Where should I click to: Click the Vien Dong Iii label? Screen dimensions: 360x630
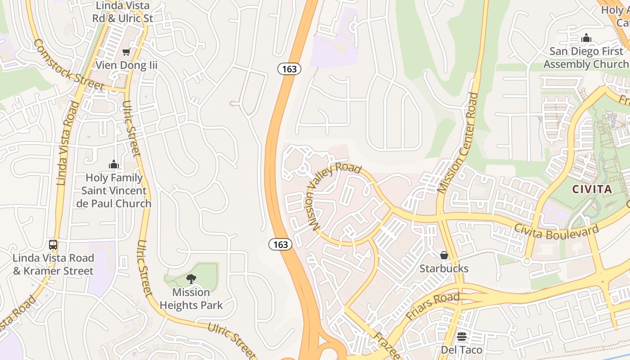pyautogui.click(x=126, y=65)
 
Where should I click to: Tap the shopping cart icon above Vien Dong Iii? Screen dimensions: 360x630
pyautogui.click(x=126, y=52)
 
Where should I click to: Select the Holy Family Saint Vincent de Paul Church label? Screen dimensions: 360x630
pyautogui.click(x=114, y=191)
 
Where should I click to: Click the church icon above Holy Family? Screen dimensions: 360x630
pyautogui.click(x=114, y=164)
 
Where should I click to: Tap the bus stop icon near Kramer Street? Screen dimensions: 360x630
pyautogui.click(x=53, y=245)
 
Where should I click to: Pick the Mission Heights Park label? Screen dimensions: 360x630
pyautogui.click(x=191, y=299)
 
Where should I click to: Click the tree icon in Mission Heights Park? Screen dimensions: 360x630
pyautogui.click(x=191, y=279)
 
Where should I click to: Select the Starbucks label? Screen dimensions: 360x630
pyautogui.click(x=444, y=269)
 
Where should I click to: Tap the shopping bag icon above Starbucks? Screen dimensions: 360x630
pyautogui.click(x=444, y=256)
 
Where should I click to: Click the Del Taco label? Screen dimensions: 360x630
pyautogui.click(x=461, y=350)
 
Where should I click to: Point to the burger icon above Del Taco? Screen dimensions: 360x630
pyautogui.click(x=461, y=337)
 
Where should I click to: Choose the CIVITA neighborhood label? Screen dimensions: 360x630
pyautogui.click(x=592, y=189)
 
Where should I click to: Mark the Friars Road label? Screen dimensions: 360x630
pyautogui.click(x=432, y=306)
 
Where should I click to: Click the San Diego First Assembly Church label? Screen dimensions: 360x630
pyautogui.click(x=586, y=58)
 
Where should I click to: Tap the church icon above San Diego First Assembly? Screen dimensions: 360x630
pyautogui.click(x=586, y=38)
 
